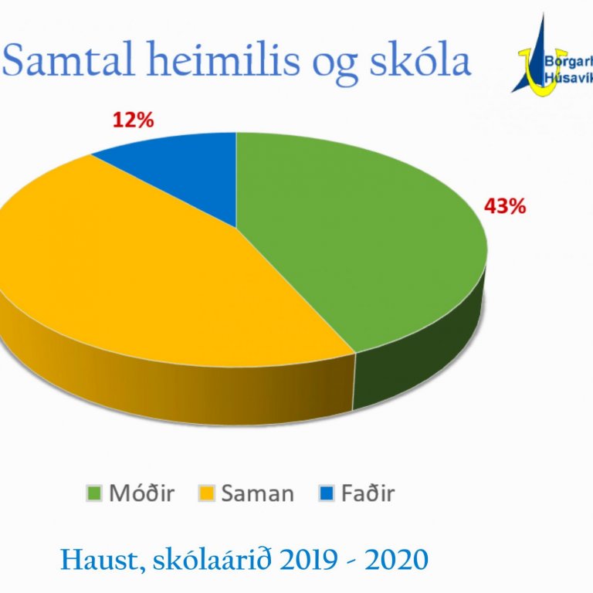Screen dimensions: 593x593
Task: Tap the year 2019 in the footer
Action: click(296, 560)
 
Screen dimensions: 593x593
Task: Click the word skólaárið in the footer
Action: click(200, 560)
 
